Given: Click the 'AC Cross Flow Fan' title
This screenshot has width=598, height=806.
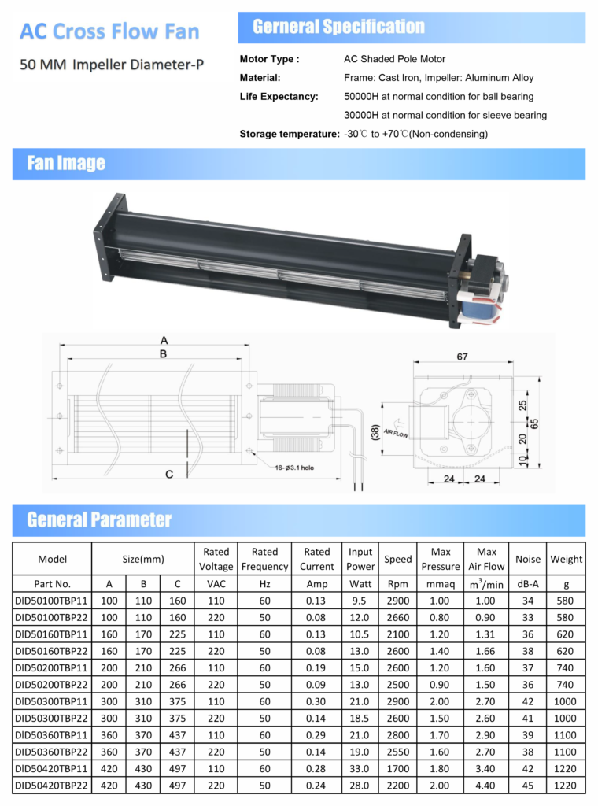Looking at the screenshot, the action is coord(109,31).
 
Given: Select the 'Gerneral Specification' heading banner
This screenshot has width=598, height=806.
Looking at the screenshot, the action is coord(412,28).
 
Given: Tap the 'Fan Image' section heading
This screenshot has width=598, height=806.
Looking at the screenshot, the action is coord(66,163).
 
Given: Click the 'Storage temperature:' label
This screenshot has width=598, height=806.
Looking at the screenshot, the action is coord(290,134).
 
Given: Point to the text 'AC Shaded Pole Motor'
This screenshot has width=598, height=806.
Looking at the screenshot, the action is coord(394,59).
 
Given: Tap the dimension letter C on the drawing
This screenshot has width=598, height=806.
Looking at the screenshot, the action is coord(169,474).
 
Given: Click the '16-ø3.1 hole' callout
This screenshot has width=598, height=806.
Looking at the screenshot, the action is coord(294,468).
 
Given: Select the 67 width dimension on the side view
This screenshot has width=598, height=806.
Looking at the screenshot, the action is coord(463,357).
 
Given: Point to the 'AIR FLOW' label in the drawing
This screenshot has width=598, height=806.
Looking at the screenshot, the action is coord(396,434).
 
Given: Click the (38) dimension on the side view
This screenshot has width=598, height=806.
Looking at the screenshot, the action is coord(375,432).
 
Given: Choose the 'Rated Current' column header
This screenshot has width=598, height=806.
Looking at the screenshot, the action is coord(317,559).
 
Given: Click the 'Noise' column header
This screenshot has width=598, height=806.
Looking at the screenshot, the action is coord(528,560).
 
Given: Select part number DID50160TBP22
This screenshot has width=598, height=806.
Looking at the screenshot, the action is coord(51,651).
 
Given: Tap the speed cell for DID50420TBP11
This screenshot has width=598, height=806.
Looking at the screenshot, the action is coord(398,769).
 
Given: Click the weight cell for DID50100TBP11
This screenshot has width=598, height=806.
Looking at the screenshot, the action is coord(565,601).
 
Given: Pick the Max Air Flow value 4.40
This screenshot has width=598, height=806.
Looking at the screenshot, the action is coord(485,786).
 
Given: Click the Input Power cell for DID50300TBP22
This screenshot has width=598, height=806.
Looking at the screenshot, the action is coord(360,719).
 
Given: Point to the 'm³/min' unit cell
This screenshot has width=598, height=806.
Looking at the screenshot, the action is coord(486,584).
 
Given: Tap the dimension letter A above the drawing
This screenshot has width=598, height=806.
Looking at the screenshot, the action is coord(164,340).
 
